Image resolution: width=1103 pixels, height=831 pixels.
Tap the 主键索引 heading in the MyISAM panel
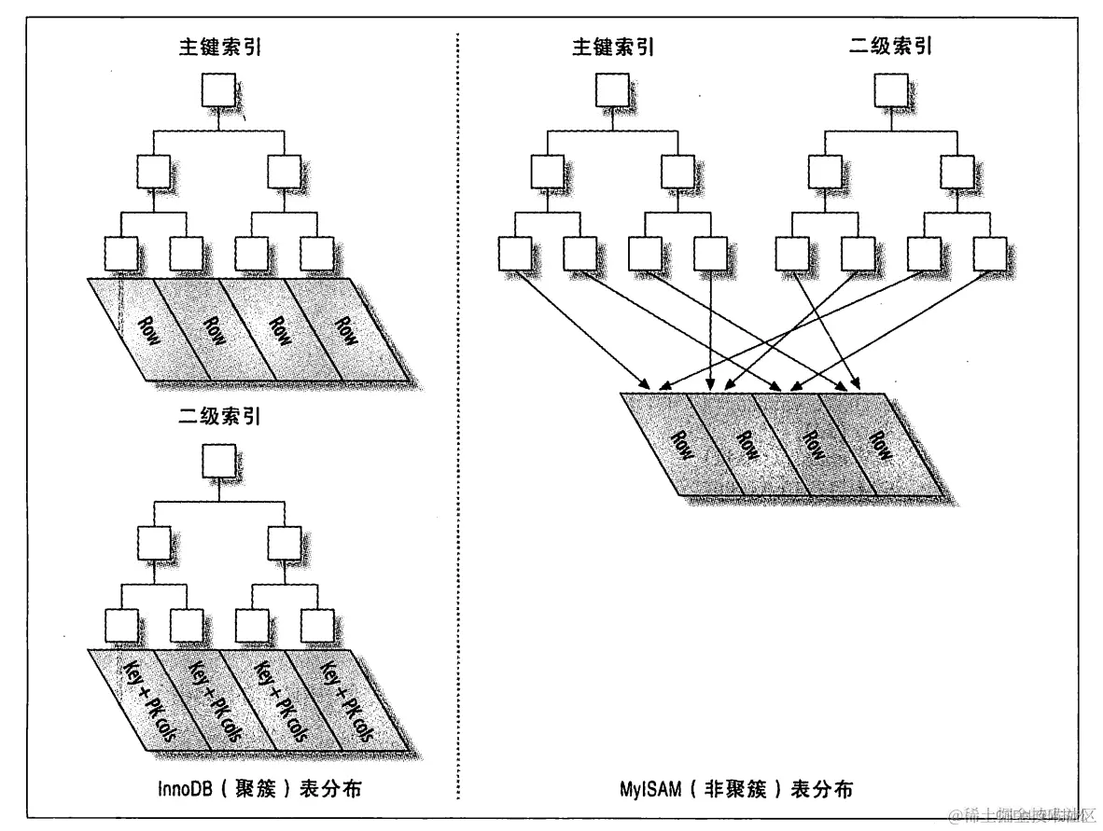[612, 46]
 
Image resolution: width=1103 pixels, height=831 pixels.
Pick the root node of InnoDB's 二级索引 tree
[218, 460]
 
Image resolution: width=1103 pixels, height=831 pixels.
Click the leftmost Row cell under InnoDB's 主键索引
[136, 330]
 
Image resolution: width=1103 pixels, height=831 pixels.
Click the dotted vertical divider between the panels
[458, 420]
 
